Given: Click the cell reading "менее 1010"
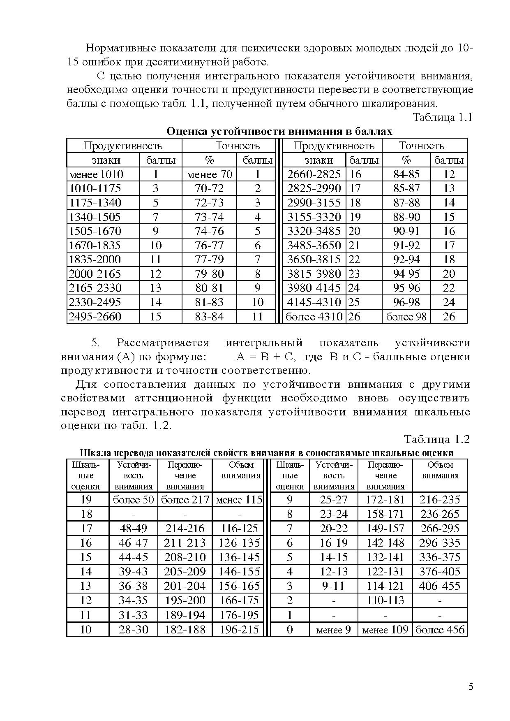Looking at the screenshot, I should pos(96,174).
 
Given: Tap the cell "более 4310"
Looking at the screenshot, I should pos(314,316).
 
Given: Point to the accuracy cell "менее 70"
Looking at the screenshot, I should pos(209,174).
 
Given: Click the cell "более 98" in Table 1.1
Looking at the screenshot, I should pos(406,316).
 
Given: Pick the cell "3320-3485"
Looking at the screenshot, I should pos(314,231).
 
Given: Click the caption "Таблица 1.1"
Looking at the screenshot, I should pos(443,118).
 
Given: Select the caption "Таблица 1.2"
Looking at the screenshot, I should pos(437,439).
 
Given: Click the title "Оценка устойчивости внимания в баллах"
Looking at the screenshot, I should pos(279,132).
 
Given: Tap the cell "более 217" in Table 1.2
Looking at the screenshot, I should pos(185,500).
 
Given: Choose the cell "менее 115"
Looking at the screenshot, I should pos(239,500).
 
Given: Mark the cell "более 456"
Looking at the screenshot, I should pos(440,630).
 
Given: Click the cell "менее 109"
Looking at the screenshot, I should pos(385,630).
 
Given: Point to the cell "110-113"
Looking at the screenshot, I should pos(385,600).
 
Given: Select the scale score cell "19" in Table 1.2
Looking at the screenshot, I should pos(86,500).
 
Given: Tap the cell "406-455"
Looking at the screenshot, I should pos(440,586).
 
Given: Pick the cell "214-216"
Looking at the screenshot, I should pos(185,529).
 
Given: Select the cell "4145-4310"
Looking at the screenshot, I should pos(314,302).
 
